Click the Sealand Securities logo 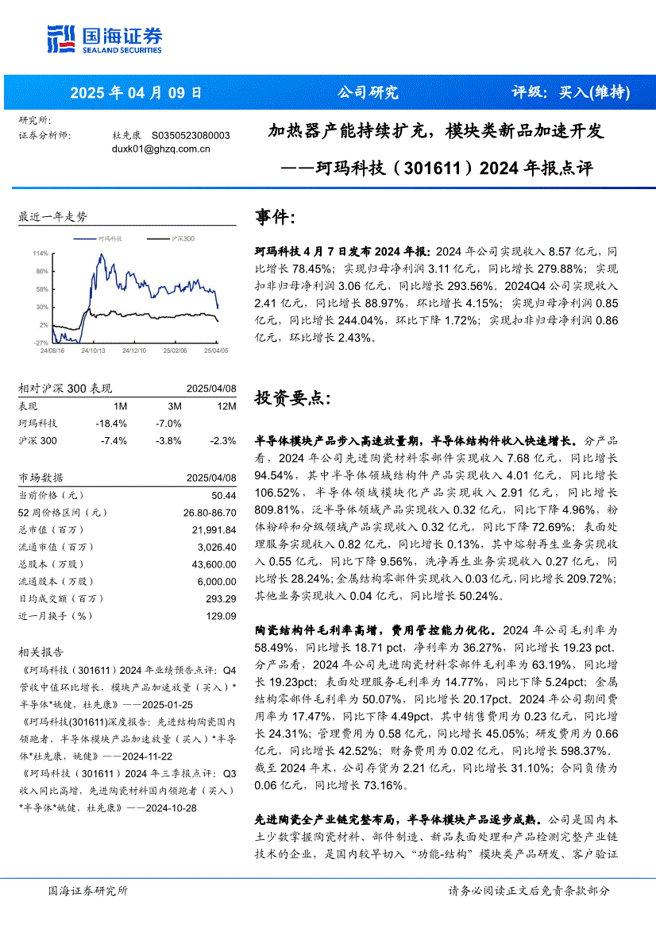click(x=104, y=40)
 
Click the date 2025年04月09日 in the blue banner click(x=136, y=93)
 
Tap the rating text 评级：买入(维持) click(x=570, y=93)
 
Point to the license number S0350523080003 click(x=191, y=136)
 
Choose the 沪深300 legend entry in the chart click(x=183, y=238)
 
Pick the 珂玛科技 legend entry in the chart click(x=110, y=238)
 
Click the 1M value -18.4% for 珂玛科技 click(x=111, y=424)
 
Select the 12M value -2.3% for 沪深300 click(x=223, y=441)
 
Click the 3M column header click(x=174, y=406)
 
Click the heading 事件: click(x=276, y=217)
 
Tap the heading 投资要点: click(x=287, y=398)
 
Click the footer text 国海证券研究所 click(x=88, y=891)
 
